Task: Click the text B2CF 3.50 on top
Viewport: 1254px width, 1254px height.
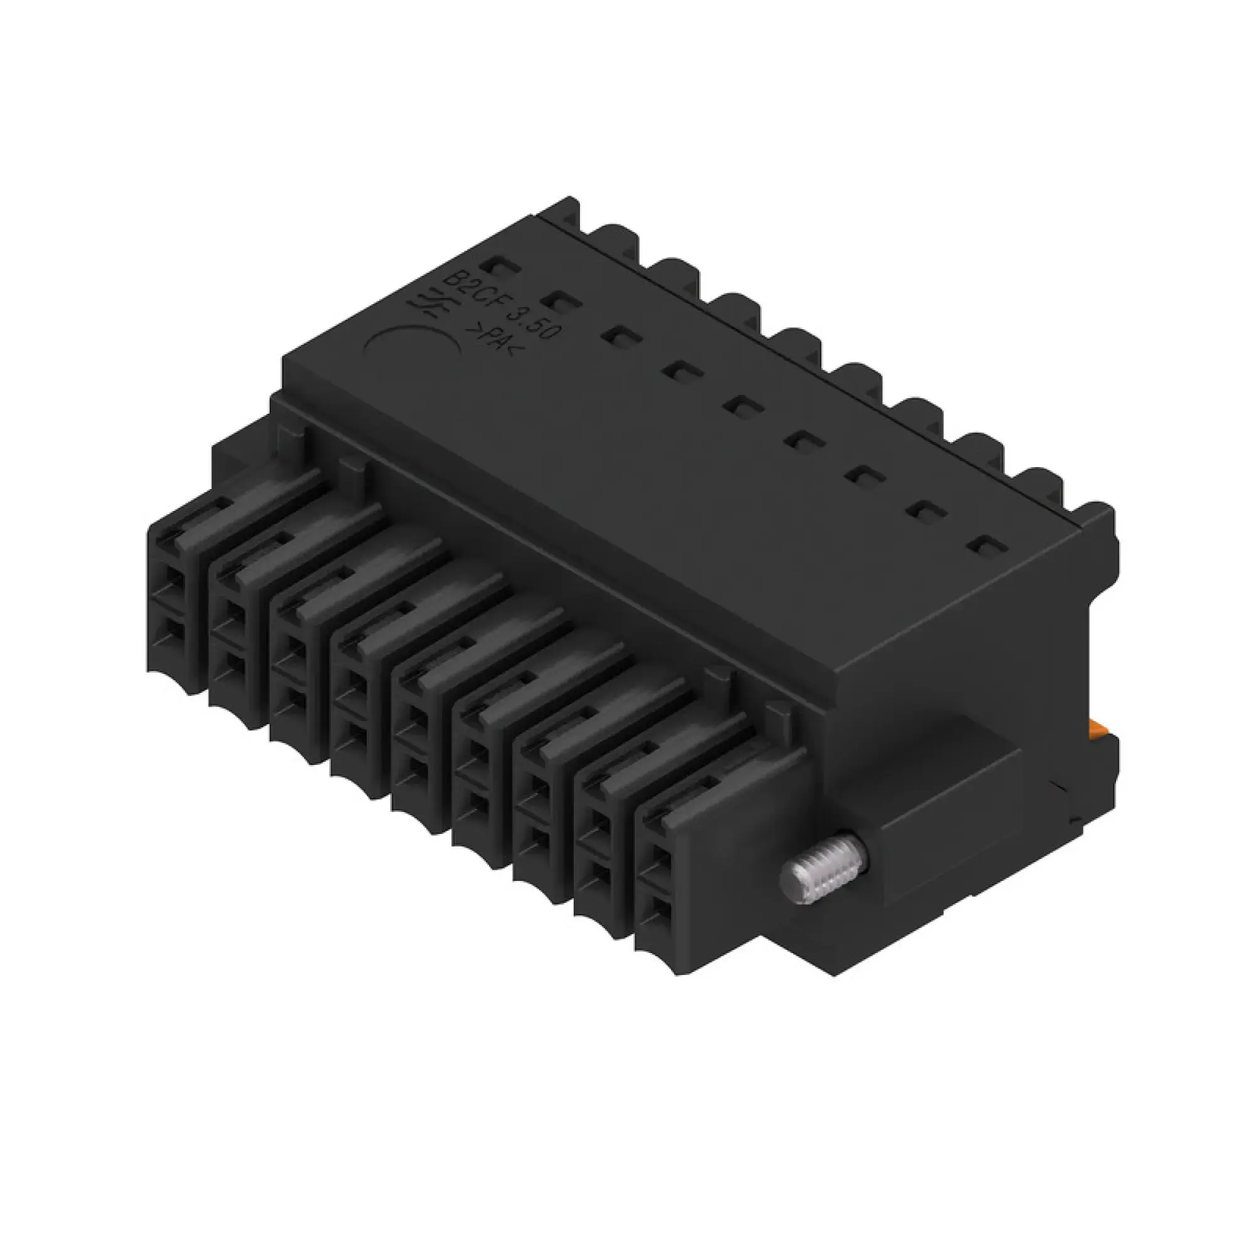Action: click(500, 303)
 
